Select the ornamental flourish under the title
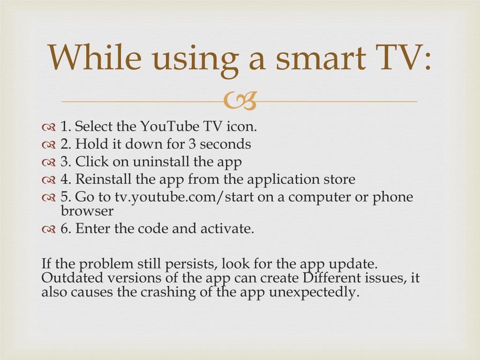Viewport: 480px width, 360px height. click(240, 101)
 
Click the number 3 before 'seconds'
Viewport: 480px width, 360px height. click(192, 144)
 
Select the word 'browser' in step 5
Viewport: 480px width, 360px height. click(87, 211)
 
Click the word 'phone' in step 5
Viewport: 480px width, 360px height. click(393, 197)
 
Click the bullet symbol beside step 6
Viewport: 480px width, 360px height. click(49, 229)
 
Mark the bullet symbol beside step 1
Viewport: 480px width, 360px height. click(49, 127)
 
